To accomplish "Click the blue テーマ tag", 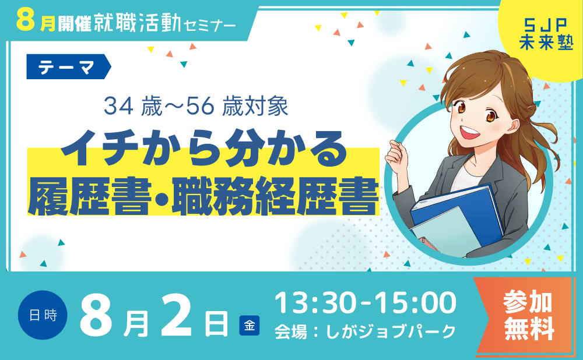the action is click(68, 66).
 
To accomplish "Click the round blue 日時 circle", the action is click(43, 315).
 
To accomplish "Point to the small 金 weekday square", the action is click(249, 326).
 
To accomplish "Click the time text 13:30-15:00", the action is click(365, 302).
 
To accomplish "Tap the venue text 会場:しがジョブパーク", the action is click(365, 331).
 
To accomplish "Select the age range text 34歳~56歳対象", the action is click(196, 106).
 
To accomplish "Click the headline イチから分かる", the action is click(203, 148).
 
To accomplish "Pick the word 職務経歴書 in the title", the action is click(276, 196).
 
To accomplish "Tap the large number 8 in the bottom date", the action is click(96, 315).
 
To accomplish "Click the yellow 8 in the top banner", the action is click(26, 21).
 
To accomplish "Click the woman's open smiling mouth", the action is click(470, 132).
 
